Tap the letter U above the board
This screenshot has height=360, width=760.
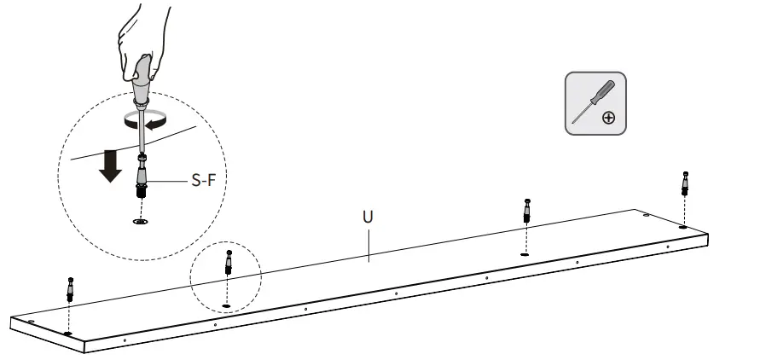368,217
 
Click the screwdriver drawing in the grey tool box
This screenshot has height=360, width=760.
589,100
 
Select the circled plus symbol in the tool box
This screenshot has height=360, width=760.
608,117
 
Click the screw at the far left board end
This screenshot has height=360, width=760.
69,289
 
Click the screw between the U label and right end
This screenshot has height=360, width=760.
526,211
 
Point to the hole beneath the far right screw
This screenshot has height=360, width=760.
682,227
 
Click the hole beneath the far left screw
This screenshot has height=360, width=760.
67,331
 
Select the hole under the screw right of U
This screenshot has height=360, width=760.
524,253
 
